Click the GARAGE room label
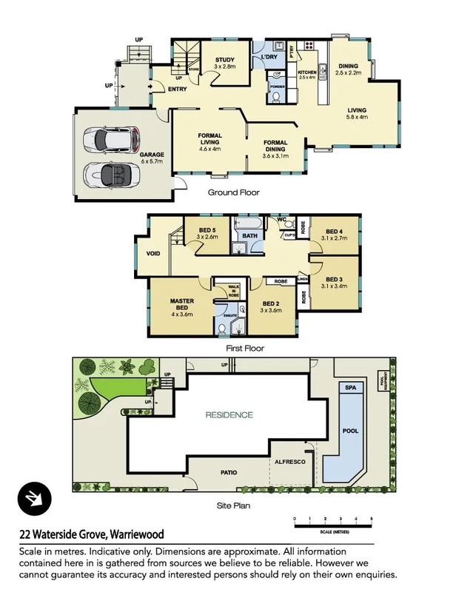(x=152, y=155)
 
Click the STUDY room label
(x=224, y=61)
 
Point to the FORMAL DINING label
(x=275, y=146)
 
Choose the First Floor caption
(x=244, y=348)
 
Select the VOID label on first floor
(x=153, y=252)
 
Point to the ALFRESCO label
(x=291, y=460)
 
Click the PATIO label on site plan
(x=228, y=471)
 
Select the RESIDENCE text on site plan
(x=229, y=415)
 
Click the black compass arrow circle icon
(x=33, y=497)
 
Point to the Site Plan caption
(x=233, y=506)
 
